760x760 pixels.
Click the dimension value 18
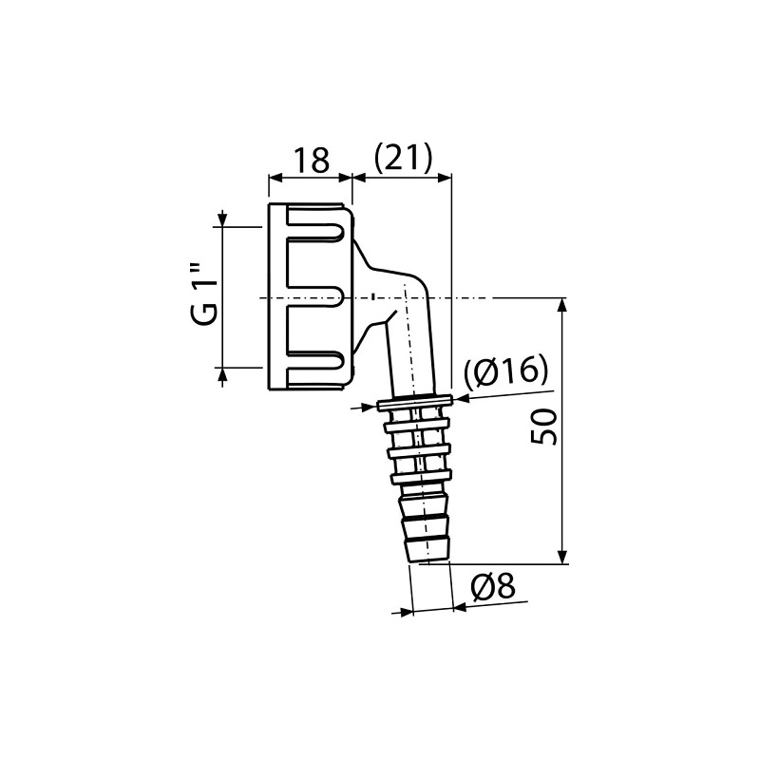pyautogui.click(x=310, y=159)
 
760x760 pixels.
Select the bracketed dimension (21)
pyautogui.click(x=403, y=159)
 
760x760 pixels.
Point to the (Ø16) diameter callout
pyautogui.click(x=506, y=371)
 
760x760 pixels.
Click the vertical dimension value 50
pyautogui.click(x=542, y=428)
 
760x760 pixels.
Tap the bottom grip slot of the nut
pyautogui.click(x=314, y=359)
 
